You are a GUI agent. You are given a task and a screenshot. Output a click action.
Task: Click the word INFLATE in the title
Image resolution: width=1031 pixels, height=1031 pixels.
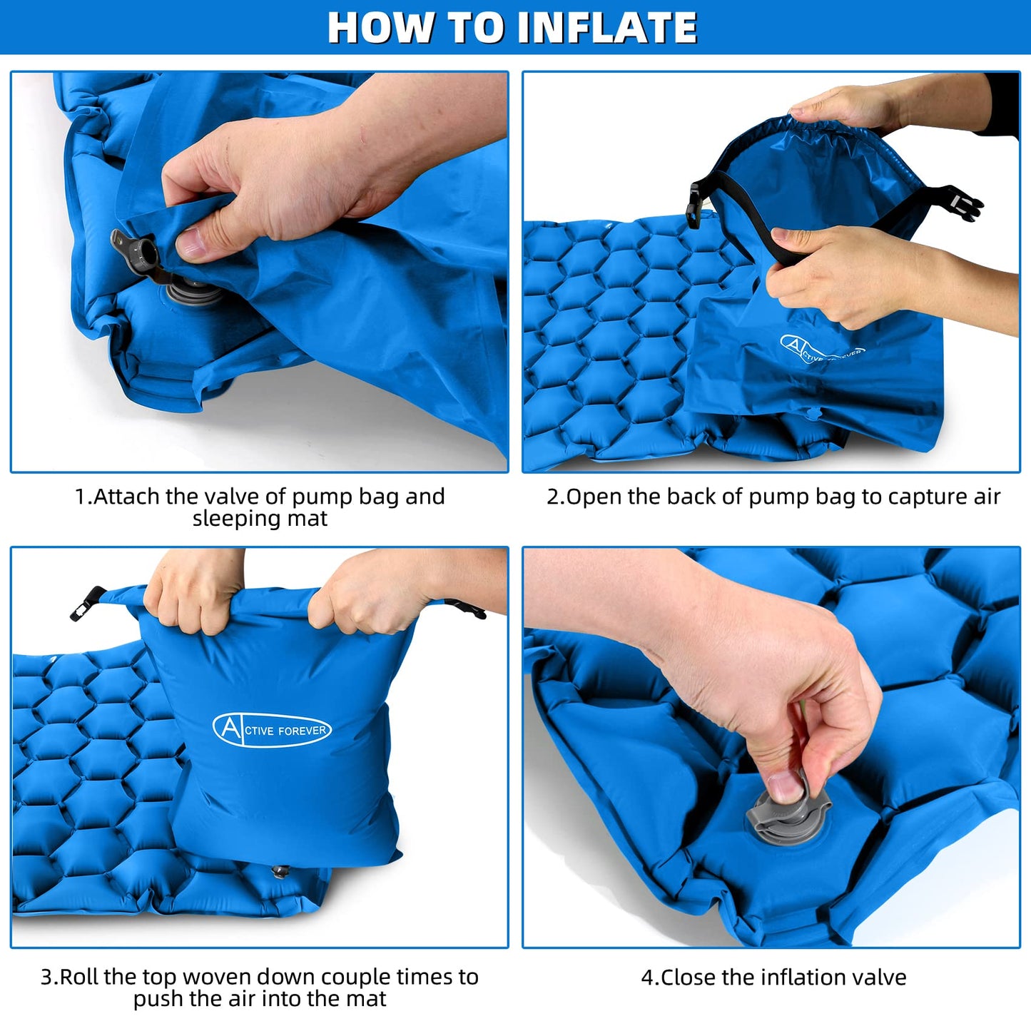(608, 28)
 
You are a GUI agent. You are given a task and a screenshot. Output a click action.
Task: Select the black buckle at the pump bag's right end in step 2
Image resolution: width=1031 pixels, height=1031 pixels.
(960, 204)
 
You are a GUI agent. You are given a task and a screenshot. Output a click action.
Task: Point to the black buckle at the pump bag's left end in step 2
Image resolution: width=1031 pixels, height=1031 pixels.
(695, 204)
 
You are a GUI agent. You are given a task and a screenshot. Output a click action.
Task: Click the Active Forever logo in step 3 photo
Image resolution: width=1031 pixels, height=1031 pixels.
(272, 728)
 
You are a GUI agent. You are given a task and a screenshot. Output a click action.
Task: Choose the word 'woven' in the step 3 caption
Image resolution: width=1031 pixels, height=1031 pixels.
(215, 977)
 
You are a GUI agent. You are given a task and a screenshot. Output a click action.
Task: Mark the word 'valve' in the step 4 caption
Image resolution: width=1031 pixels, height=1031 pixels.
(878, 977)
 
